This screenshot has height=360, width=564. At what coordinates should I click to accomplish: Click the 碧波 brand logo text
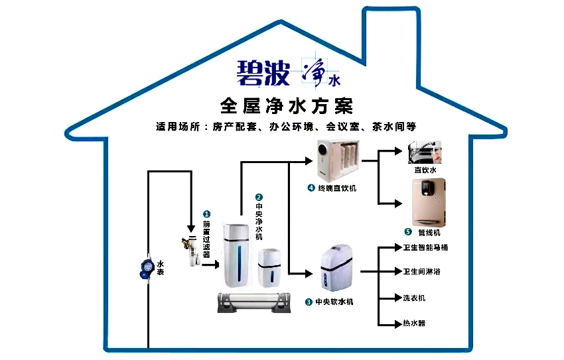tap(263, 73)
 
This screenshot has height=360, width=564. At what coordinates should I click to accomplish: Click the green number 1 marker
tap(206, 214)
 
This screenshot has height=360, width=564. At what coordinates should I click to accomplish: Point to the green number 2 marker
tap(259, 197)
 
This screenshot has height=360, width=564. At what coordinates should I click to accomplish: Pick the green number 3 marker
tap(309, 302)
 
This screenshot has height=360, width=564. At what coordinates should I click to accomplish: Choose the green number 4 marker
tap(311, 188)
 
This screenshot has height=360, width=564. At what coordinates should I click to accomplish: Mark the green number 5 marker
tap(408, 232)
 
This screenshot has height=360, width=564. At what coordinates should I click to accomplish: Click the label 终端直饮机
tap(338, 188)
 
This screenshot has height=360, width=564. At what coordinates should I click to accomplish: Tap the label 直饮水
tap(425, 170)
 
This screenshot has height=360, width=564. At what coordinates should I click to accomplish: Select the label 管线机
tap(429, 233)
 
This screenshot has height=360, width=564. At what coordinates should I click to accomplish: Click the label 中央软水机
tap(334, 302)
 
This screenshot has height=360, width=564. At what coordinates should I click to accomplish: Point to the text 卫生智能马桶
tap(426, 248)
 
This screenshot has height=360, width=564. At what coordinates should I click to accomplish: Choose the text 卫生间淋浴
tap(422, 272)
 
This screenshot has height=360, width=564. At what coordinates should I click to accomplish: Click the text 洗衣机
tap(414, 298)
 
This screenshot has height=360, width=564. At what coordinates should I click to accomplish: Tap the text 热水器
tap(414, 323)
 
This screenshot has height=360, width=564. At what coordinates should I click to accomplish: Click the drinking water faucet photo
tap(425, 153)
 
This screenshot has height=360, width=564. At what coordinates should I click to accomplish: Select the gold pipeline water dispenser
tap(429, 202)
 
